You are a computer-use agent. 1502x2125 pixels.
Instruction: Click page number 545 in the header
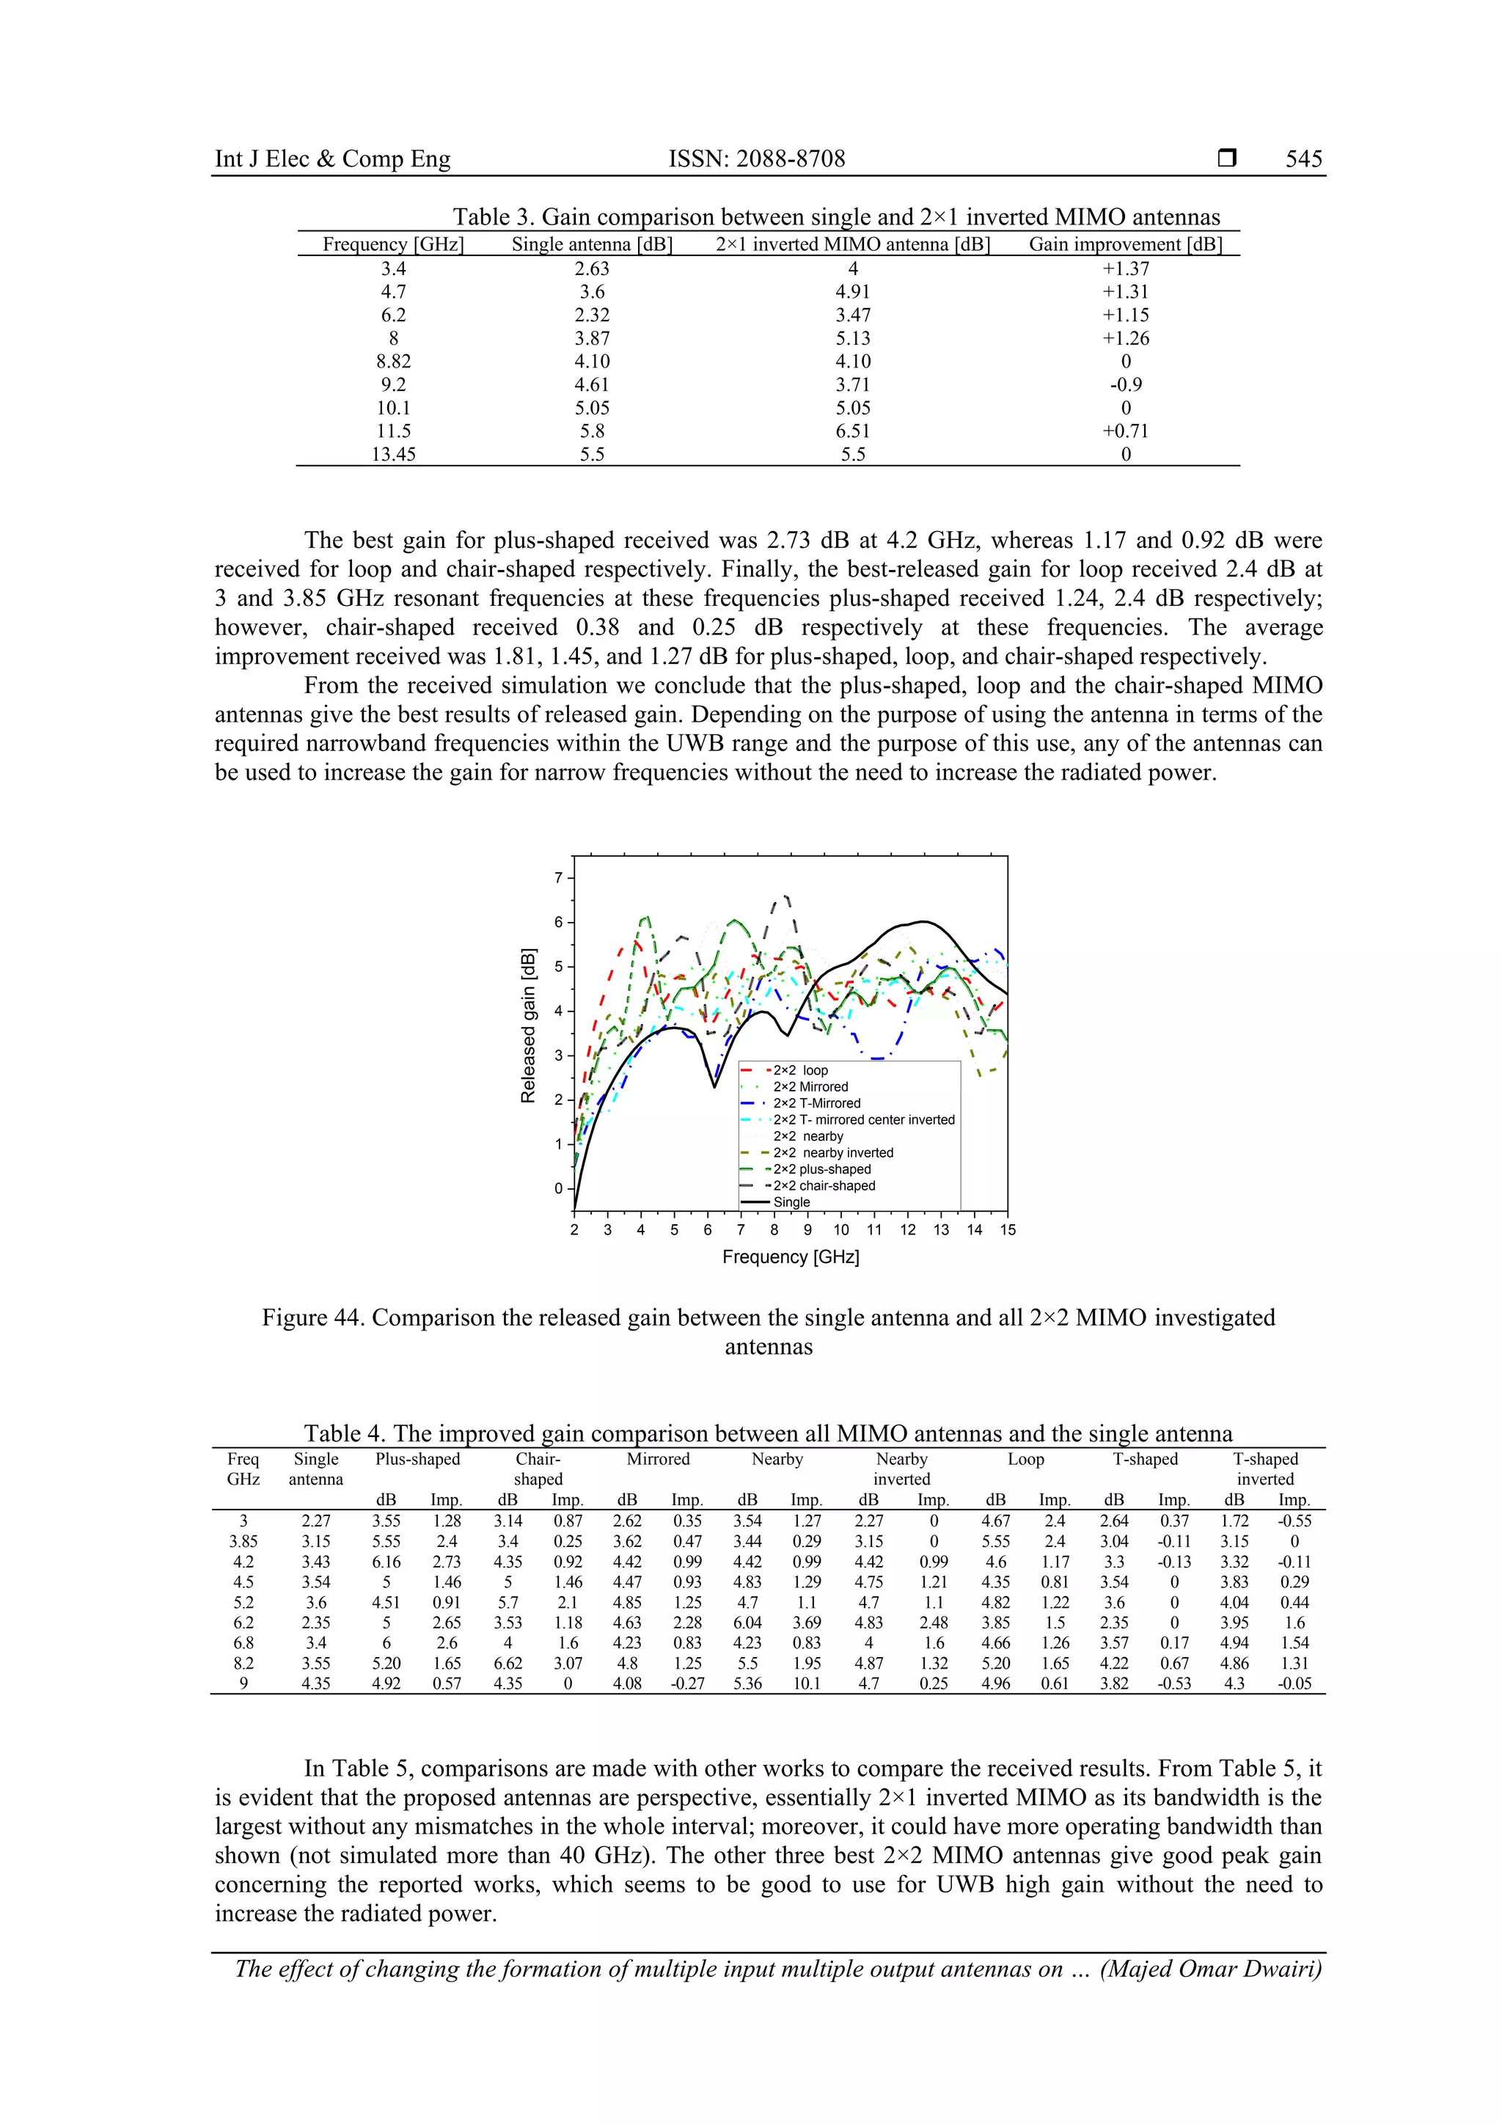pyautogui.click(x=1303, y=159)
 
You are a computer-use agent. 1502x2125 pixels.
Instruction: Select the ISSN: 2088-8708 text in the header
pyautogui.click(x=756, y=159)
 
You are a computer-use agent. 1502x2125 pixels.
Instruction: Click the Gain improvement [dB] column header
pyautogui.click(x=1124, y=244)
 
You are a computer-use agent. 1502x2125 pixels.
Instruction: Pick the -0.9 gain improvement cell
pyautogui.click(x=1125, y=385)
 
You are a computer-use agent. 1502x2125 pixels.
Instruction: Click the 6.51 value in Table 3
pyautogui.click(x=852, y=431)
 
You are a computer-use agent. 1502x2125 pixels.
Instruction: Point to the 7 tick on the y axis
pyautogui.click(x=558, y=877)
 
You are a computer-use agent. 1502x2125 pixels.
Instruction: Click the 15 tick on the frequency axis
pyautogui.click(x=1007, y=1230)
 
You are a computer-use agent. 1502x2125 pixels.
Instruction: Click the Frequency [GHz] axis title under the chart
pyautogui.click(x=791, y=1257)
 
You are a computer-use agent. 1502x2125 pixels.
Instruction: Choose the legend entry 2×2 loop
pyautogui.click(x=801, y=1071)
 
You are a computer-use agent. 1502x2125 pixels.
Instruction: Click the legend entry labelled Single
pyautogui.click(x=791, y=1202)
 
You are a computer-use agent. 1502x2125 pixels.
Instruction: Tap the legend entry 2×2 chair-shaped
pyautogui.click(x=824, y=1185)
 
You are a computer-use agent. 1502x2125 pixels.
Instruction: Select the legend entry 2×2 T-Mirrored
pyautogui.click(x=816, y=1103)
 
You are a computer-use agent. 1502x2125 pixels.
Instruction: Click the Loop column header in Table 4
pyautogui.click(x=1025, y=1460)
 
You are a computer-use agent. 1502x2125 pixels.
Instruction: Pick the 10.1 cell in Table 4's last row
pyautogui.click(x=806, y=1683)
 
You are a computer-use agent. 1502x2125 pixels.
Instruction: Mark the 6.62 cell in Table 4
pyautogui.click(x=507, y=1663)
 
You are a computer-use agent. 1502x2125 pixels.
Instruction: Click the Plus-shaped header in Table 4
pyautogui.click(x=417, y=1460)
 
